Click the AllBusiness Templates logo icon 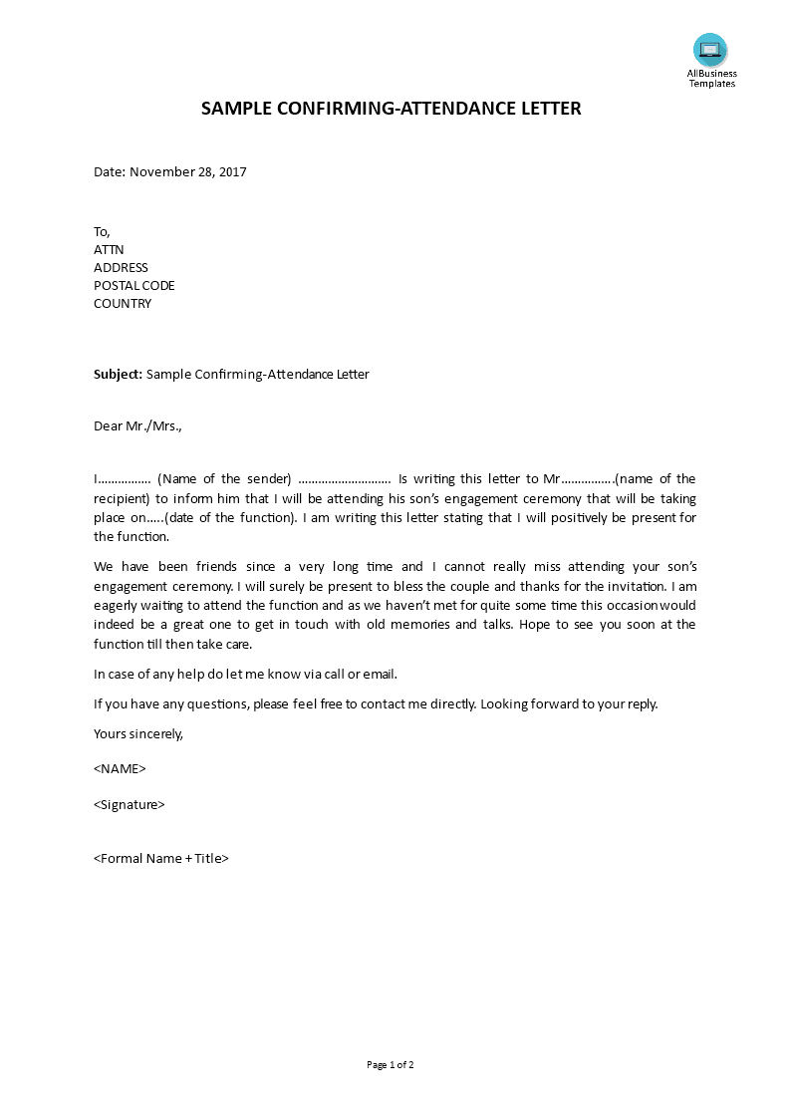point(710,50)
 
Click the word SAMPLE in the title point(236,108)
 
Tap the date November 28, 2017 point(188,171)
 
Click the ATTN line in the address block point(109,249)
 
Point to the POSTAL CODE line point(133,285)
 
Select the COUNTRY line point(123,303)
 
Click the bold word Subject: point(118,375)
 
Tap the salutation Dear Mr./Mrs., point(137,426)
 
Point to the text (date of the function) point(230,517)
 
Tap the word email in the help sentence point(379,674)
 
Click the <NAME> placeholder point(120,768)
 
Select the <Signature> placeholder point(130,804)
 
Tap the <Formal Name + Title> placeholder point(161,858)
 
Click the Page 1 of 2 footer point(391,1064)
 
